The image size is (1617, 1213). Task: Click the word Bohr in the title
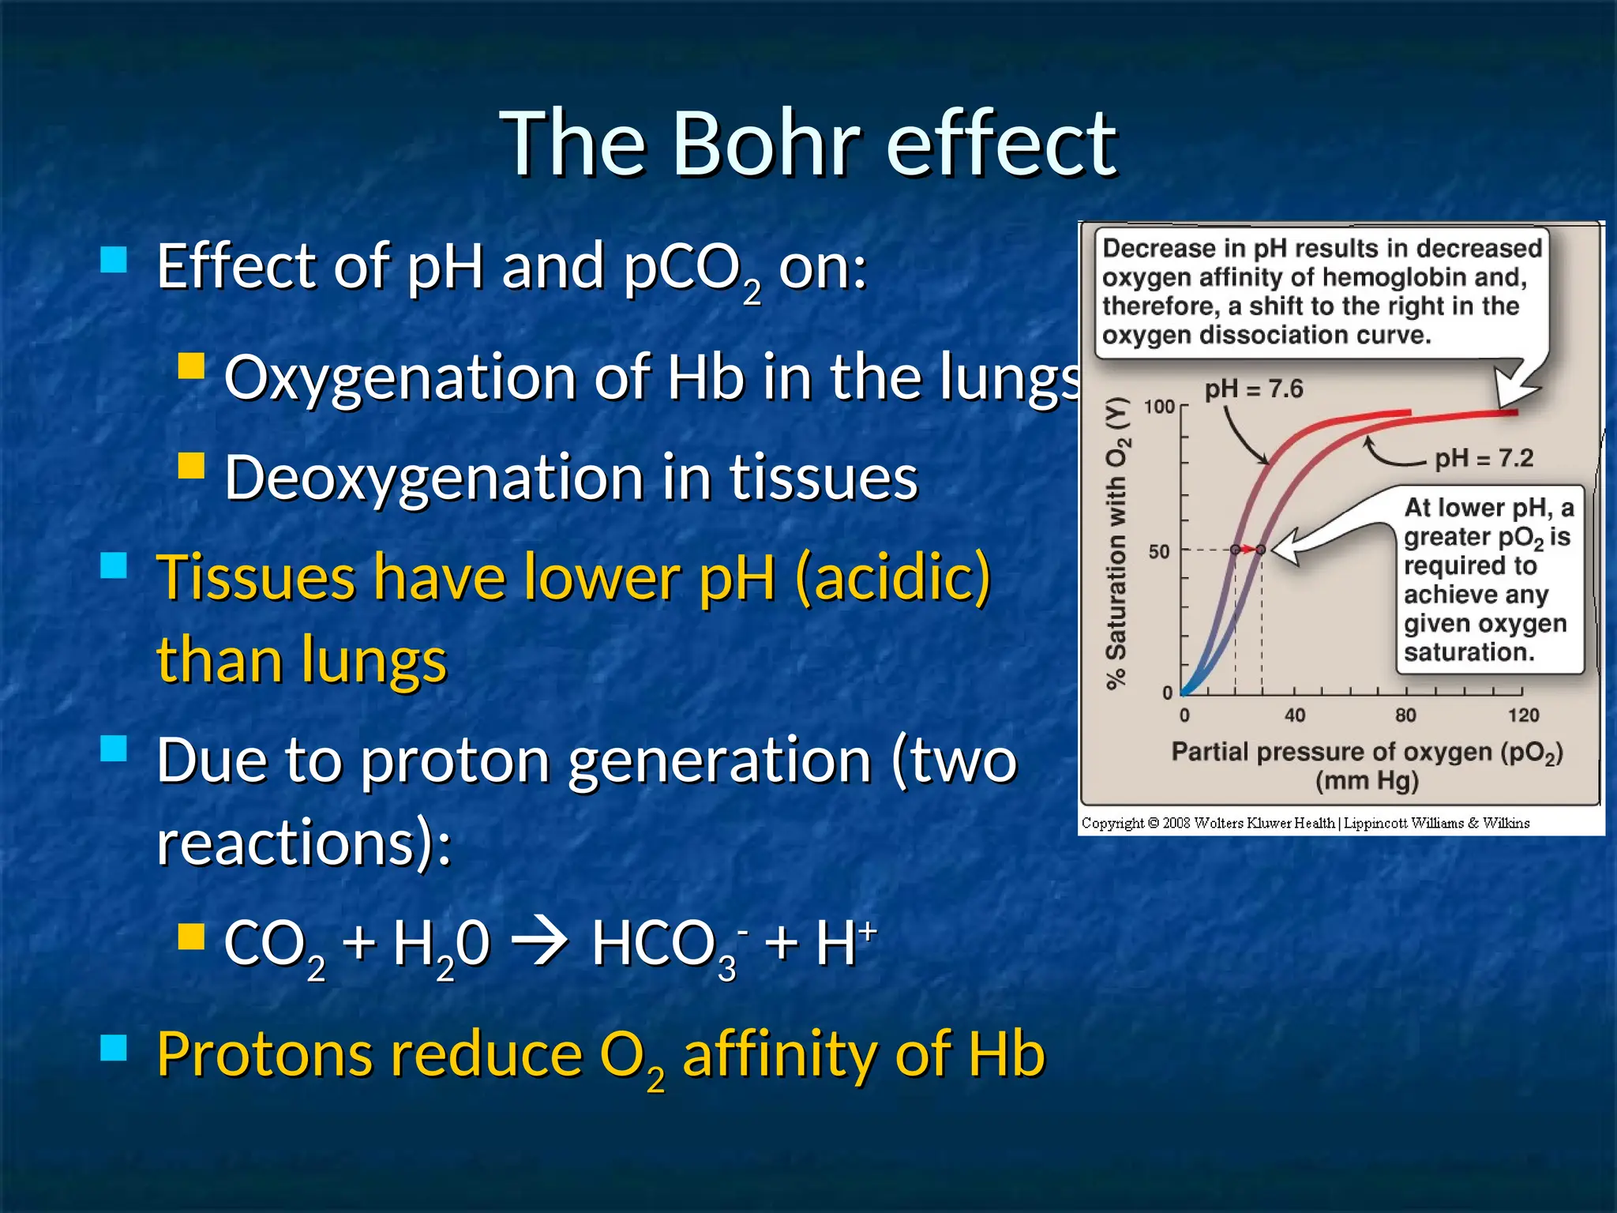tap(766, 144)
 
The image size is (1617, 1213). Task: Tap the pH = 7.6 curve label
tap(1253, 389)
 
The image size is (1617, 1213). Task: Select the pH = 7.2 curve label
tap(1484, 458)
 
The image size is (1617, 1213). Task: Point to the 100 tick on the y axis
tap(1159, 407)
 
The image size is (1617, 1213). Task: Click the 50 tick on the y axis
tap(1158, 551)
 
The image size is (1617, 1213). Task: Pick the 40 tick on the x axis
tap(1295, 715)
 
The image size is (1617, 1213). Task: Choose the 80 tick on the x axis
tap(1405, 715)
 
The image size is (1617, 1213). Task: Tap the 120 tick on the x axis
tap(1523, 715)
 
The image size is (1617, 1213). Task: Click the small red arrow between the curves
tap(1248, 549)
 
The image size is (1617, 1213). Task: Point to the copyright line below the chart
tap(1305, 823)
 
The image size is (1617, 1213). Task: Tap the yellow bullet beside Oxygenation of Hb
tap(191, 366)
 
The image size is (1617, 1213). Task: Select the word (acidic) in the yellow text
tap(893, 576)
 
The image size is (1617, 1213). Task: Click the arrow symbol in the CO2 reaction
tap(540, 941)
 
